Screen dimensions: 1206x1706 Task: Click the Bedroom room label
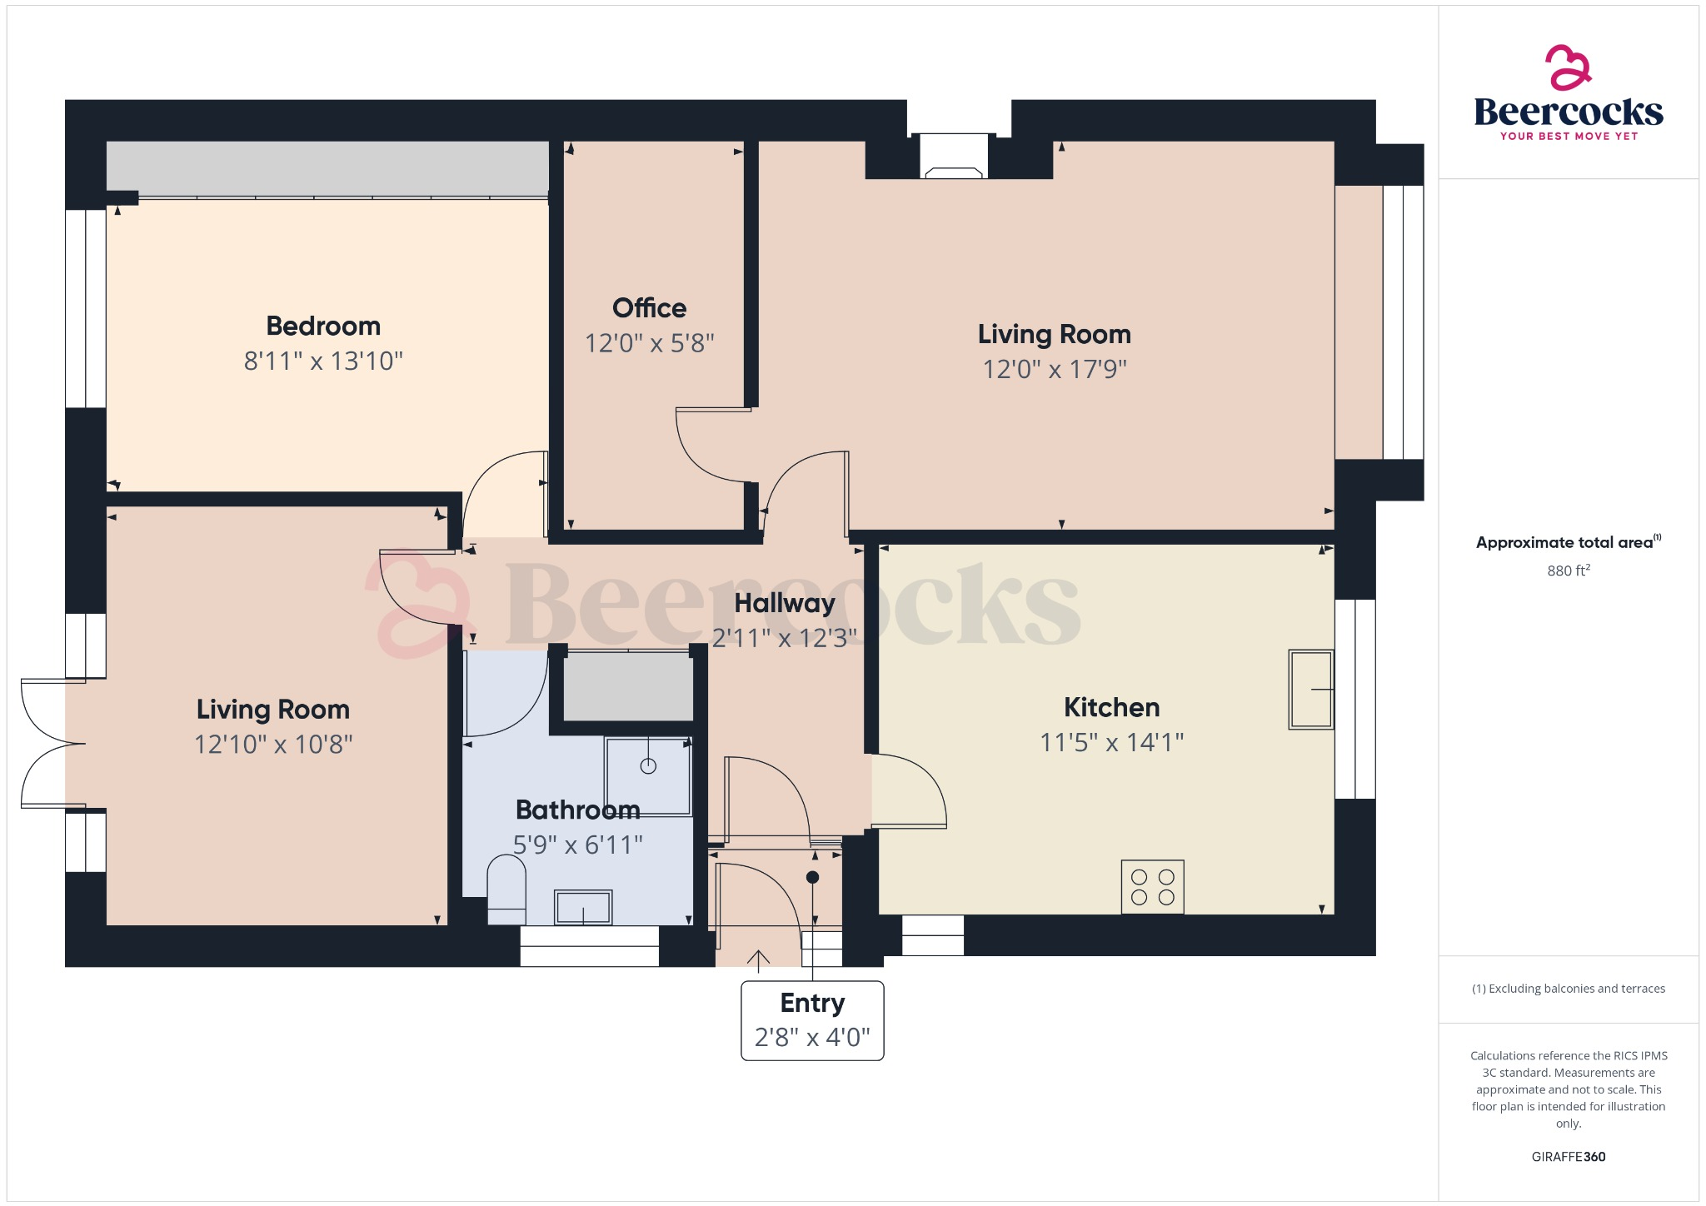point(323,326)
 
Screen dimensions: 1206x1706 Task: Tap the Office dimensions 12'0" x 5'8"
point(649,343)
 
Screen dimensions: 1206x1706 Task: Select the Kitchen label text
point(1111,707)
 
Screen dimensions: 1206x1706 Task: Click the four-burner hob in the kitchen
point(1152,887)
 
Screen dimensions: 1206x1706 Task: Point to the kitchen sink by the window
point(1310,689)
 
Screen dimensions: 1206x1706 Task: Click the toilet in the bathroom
point(506,890)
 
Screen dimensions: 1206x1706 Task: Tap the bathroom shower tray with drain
point(647,775)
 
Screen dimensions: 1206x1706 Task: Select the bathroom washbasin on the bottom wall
point(583,907)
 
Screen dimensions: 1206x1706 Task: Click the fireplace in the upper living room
point(954,157)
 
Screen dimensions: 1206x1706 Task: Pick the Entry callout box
point(812,1020)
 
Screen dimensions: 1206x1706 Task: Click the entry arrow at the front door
point(758,961)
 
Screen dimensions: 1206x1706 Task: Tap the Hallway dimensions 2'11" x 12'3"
point(784,638)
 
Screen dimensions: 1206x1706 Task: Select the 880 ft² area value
point(1568,571)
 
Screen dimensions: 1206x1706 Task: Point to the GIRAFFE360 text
point(1568,1157)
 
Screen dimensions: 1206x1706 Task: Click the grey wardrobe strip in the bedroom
point(327,167)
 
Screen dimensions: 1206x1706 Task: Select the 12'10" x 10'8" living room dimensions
point(273,744)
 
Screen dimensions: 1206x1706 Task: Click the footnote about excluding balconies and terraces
point(1568,989)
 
